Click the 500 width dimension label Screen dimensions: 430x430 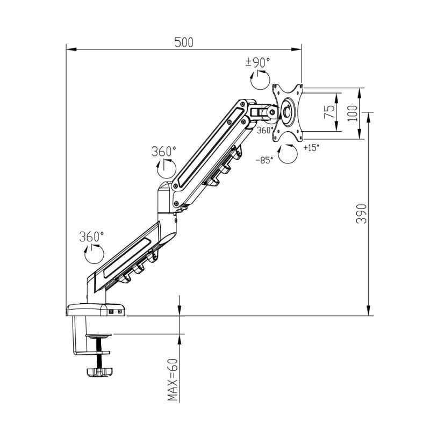(x=184, y=42)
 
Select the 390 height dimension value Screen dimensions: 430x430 (x=361, y=214)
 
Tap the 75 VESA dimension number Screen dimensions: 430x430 (x=329, y=112)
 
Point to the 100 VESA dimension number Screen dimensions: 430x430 (x=353, y=113)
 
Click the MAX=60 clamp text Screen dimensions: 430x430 (x=173, y=381)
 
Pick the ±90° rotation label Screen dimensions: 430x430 (x=257, y=63)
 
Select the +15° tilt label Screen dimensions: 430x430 (x=312, y=148)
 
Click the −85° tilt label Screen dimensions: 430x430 (x=264, y=160)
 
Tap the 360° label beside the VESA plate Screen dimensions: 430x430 (x=265, y=131)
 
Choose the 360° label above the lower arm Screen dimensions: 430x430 (x=91, y=236)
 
